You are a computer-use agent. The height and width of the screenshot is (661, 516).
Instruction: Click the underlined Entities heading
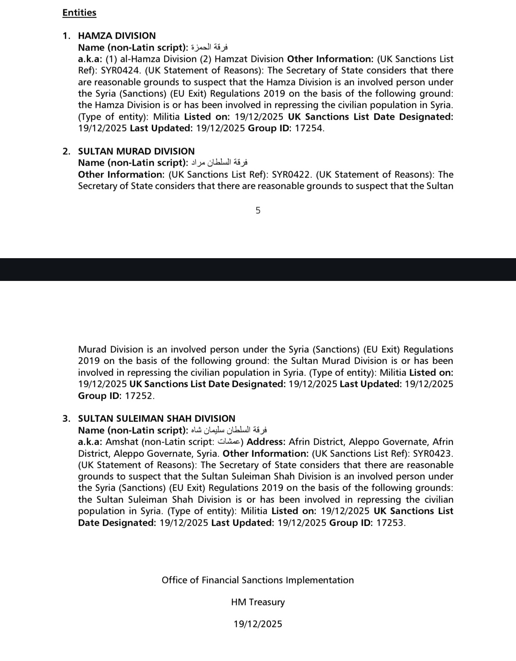click(x=79, y=13)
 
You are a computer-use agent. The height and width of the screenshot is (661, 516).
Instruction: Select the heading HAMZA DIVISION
click(x=117, y=36)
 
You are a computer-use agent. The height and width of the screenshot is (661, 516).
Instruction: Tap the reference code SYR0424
click(x=120, y=70)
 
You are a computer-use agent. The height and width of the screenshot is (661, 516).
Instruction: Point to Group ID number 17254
click(x=309, y=128)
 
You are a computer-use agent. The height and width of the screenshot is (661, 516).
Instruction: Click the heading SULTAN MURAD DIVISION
click(x=136, y=151)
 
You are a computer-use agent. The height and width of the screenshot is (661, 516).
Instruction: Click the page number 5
click(x=258, y=210)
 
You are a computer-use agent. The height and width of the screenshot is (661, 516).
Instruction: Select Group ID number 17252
click(x=140, y=396)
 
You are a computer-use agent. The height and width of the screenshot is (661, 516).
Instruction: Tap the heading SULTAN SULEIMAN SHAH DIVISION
click(x=156, y=418)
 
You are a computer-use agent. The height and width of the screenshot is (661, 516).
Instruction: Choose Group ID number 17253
click(x=390, y=523)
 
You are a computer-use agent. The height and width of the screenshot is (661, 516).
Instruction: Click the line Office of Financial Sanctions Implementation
click(x=258, y=580)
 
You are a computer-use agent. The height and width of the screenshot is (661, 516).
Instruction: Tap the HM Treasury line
click(x=258, y=602)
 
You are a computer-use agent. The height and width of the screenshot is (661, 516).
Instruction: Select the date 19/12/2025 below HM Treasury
click(x=258, y=624)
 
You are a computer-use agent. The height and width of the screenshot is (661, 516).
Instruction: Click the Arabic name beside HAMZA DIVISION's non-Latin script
click(x=210, y=47)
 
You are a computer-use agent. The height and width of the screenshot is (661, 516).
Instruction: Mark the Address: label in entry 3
click(x=266, y=442)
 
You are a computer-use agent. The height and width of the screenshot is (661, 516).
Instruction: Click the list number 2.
click(x=67, y=151)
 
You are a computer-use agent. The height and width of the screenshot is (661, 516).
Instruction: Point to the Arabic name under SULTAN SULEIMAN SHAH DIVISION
click(x=229, y=430)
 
